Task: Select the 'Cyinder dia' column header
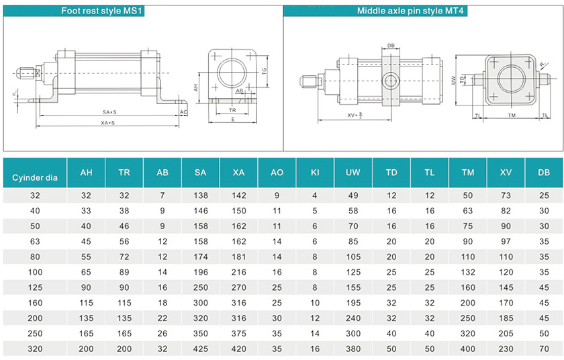coord(35,178)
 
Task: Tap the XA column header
coord(238,173)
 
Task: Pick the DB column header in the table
coord(544,173)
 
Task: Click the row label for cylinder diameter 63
coord(35,241)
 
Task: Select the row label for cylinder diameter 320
coord(35,349)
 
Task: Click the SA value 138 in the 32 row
coord(200,195)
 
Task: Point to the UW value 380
coord(353,349)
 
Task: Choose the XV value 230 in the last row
coord(506,349)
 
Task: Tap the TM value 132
coord(467,272)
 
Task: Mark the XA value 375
coord(238,334)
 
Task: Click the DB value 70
coord(544,349)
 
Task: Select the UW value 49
coord(353,195)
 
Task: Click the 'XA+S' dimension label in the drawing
coord(107,123)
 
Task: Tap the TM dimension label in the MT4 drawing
coord(511,116)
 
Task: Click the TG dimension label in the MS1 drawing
coord(265,70)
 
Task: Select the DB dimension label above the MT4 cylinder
coord(390,46)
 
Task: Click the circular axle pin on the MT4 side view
coord(390,81)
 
